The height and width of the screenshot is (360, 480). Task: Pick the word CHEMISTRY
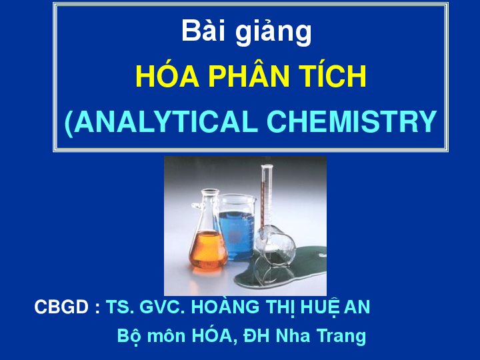pos(352,121)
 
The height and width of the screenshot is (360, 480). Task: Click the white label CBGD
pos(61,307)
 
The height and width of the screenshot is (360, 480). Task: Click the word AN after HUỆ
pos(357,307)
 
